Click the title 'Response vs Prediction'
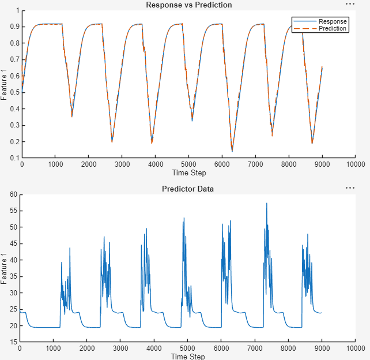(x=188, y=5)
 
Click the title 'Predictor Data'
(x=188, y=189)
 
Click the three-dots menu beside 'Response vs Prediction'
(x=350, y=3)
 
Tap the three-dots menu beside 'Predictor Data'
(x=350, y=187)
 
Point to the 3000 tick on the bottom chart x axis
(x=120, y=348)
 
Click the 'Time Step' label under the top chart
(x=188, y=172)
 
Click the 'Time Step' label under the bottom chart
(x=188, y=356)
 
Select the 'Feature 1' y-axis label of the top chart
(x=4, y=84)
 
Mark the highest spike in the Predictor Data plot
(x=267, y=203)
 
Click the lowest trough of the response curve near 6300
(x=232, y=151)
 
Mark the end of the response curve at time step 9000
(x=322, y=67)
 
